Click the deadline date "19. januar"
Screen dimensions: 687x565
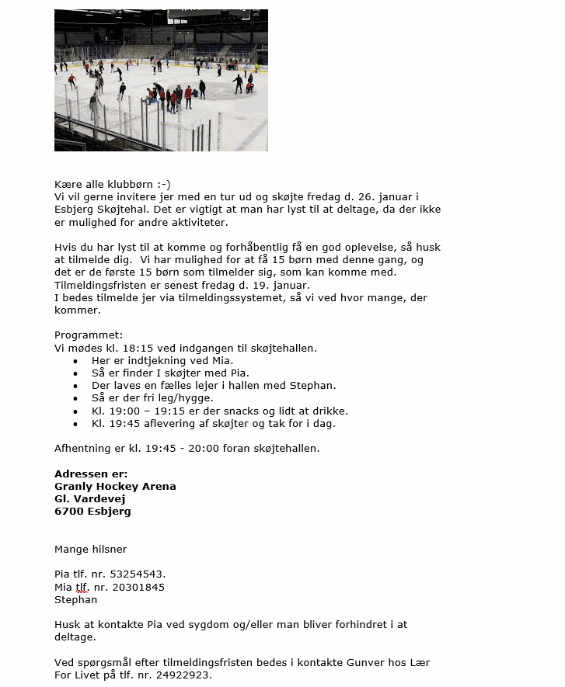point(263,285)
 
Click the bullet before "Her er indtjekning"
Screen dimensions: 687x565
point(75,361)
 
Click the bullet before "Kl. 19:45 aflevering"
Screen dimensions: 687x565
point(75,424)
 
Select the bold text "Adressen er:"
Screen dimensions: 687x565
point(91,474)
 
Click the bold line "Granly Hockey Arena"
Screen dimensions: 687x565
point(115,486)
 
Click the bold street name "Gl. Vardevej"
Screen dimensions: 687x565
point(90,498)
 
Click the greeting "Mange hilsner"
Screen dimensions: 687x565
point(91,549)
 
